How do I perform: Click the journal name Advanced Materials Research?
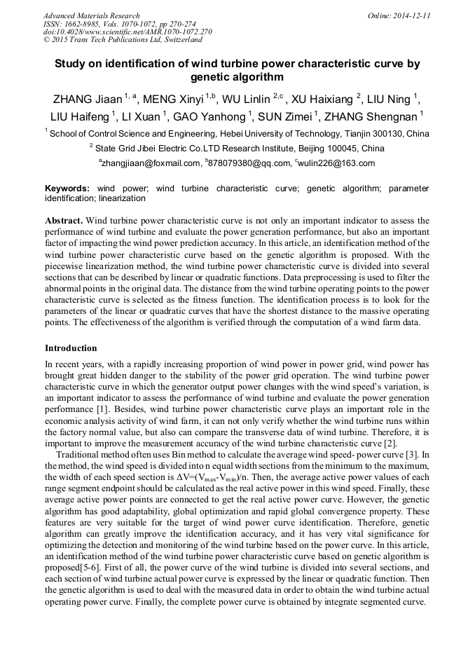point(91,15)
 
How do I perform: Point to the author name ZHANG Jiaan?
point(82,99)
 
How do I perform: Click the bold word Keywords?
point(67,188)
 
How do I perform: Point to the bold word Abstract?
point(64,220)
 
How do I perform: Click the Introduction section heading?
point(71,348)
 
